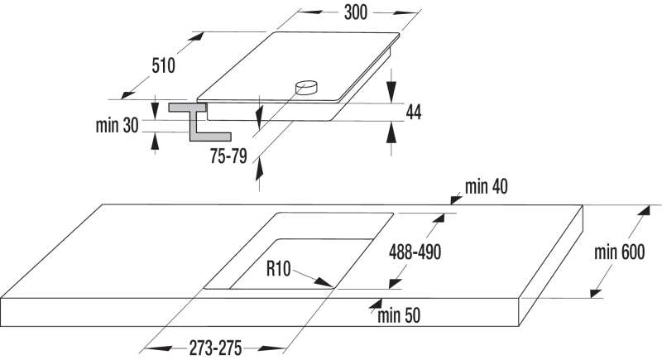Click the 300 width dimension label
(356, 12)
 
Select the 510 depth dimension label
(163, 66)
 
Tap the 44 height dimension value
(413, 113)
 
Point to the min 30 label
(117, 125)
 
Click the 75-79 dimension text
(228, 156)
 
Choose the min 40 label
(487, 186)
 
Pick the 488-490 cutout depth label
(415, 252)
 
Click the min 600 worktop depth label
(619, 252)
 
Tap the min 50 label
(399, 315)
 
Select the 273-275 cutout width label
(215, 348)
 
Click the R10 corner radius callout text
(278, 268)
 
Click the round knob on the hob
(306, 88)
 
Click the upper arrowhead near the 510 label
(196, 38)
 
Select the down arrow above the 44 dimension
(391, 92)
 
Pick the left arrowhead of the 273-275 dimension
(157, 348)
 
